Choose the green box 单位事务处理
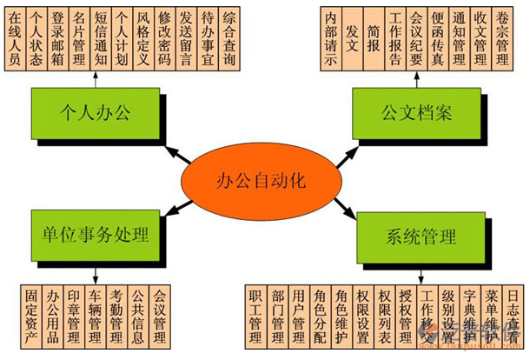[x=95, y=235]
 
